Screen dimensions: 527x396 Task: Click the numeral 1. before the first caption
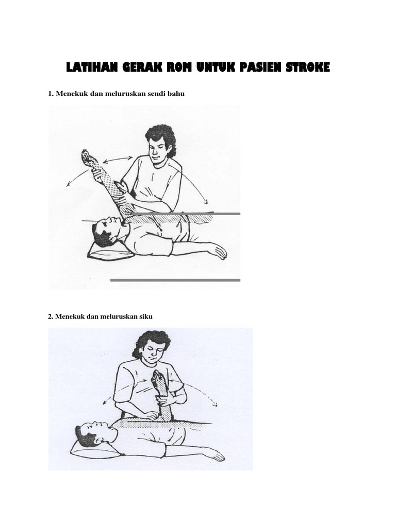[51, 94]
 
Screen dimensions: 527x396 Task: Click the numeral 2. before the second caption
[51, 317]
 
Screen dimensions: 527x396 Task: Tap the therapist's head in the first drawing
[159, 142]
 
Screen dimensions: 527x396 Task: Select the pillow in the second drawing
[88, 448]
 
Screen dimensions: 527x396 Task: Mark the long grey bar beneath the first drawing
[175, 280]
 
